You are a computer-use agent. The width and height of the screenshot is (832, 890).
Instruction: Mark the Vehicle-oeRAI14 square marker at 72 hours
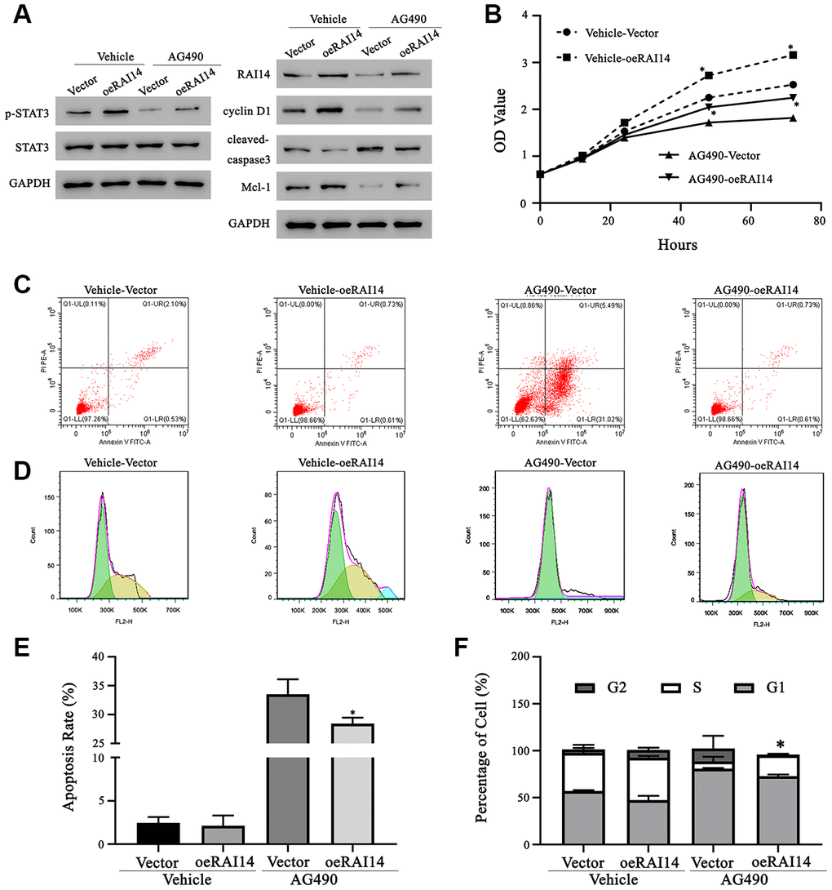[793, 55]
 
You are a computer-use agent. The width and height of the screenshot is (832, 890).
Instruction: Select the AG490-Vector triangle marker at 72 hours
[793, 118]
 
